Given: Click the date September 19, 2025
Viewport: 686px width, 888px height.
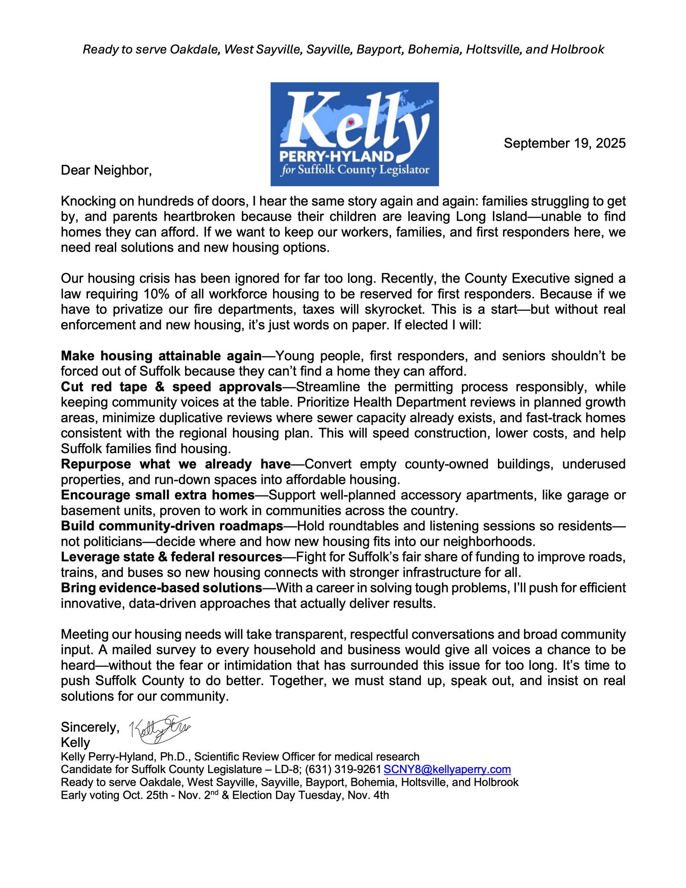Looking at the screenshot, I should [x=564, y=144].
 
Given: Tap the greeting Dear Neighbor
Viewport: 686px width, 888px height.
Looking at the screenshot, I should [x=106, y=170].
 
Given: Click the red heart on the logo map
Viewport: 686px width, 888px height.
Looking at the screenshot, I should [x=351, y=122].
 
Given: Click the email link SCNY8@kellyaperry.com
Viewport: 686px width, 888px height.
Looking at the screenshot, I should [x=447, y=770].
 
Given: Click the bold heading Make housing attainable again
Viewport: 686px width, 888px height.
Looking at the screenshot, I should [x=161, y=356].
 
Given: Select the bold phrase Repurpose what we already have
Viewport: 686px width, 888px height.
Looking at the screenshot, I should [x=176, y=464].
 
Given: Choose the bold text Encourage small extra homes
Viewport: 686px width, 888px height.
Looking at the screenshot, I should [x=158, y=495].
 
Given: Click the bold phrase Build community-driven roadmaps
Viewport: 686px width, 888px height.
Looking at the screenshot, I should [x=172, y=526].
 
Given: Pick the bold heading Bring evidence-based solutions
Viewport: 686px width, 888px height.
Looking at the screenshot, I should [x=161, y=588].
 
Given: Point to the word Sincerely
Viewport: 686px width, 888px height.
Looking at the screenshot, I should [x=90, y=727].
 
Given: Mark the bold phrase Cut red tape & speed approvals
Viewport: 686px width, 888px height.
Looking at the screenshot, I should [x=172, y=387].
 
